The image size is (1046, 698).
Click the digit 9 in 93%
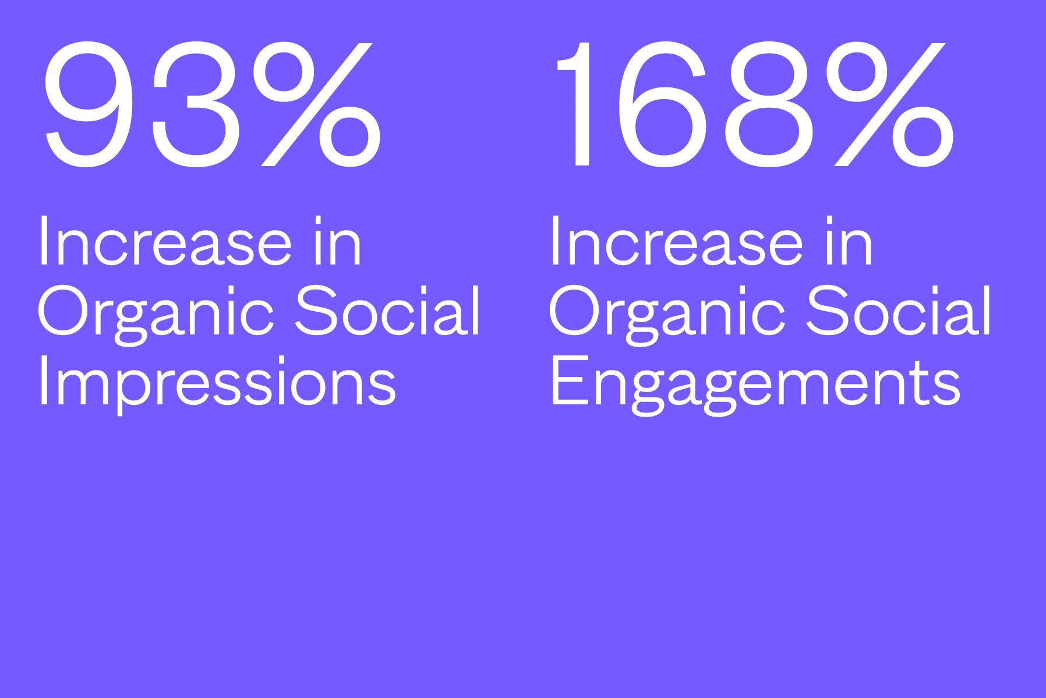[87, 104]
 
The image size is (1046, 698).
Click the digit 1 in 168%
[574, 104]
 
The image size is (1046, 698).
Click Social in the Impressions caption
[388, 311]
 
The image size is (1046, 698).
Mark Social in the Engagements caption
[899, 311]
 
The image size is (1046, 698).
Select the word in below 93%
[338, 242]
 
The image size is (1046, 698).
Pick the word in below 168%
[849, 242]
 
